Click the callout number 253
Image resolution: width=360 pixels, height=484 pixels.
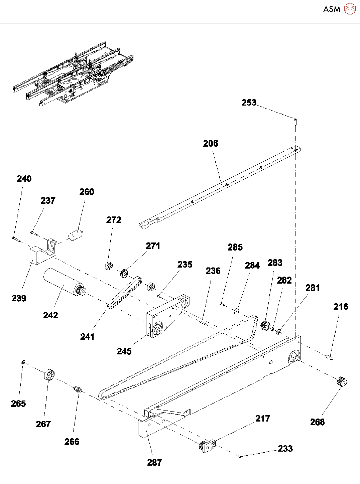pos(249,103)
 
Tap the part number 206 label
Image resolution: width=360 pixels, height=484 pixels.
pos(211,144)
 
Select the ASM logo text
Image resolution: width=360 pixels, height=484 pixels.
pos(332,9)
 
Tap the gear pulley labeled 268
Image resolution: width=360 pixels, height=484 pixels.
pos(342,381)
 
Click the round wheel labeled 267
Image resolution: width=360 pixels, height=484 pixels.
pos(49,375)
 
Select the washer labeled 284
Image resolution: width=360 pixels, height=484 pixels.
pos(237,311)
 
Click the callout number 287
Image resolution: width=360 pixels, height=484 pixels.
pos(154,463)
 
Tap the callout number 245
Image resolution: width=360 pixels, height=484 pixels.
pos(124,351)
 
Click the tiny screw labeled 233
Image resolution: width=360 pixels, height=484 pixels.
pos(240,456)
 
